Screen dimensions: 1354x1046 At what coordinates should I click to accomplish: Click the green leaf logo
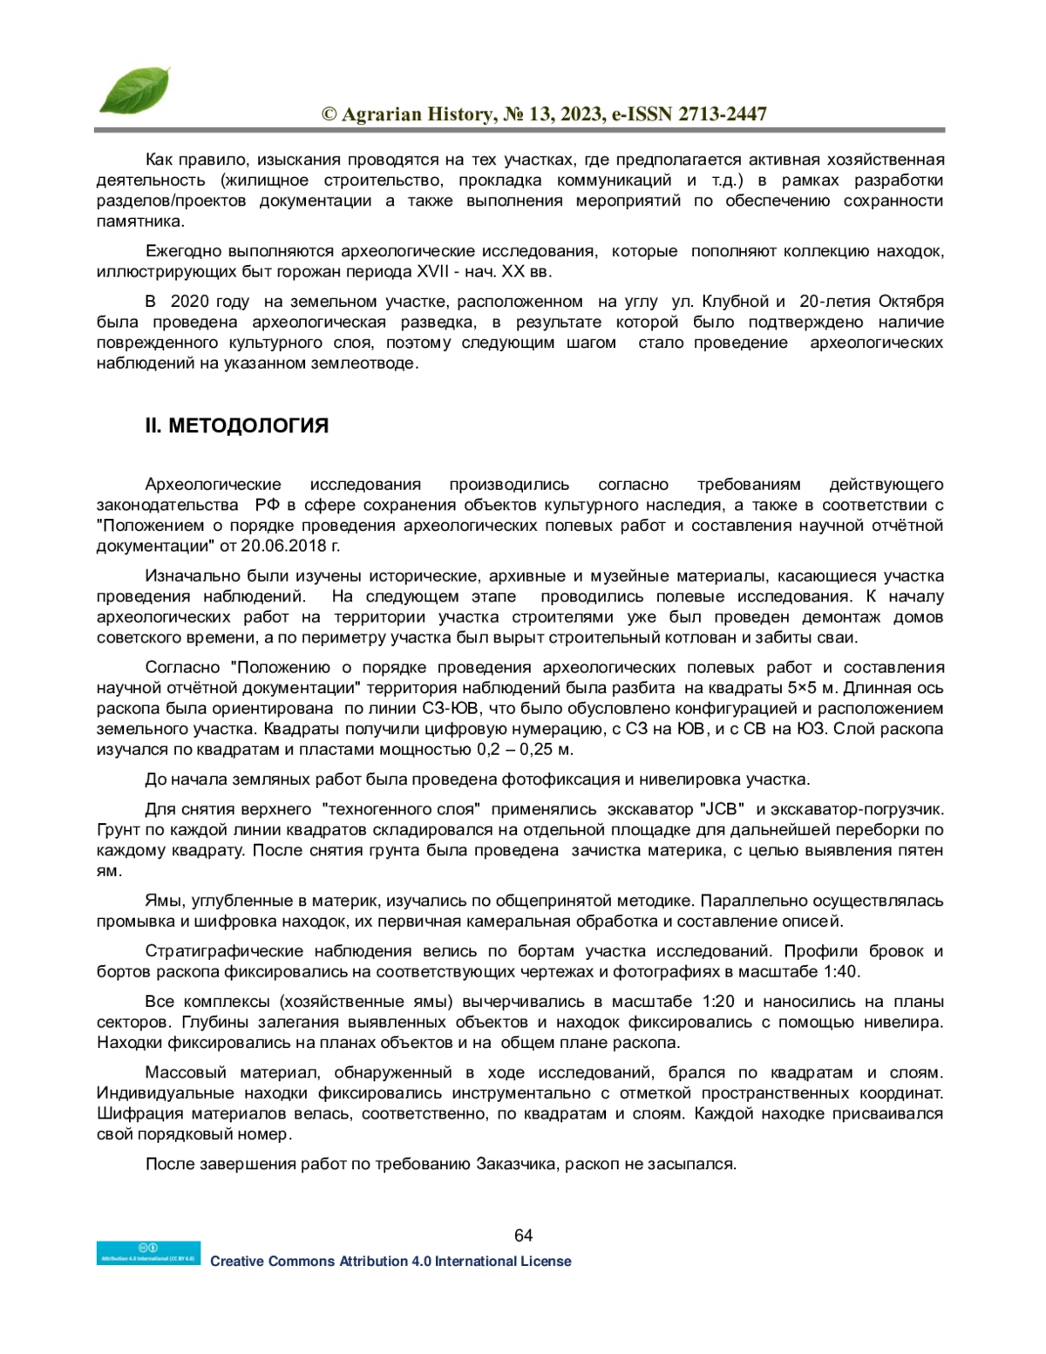pos(133,91)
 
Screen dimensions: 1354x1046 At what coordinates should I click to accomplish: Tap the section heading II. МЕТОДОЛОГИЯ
pos(237,426)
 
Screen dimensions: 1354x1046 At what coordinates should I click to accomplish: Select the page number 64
pos(523,1235)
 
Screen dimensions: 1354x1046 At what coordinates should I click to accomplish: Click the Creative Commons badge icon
pos(148,1253)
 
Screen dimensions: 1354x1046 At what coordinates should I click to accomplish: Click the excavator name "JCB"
pos(721,810)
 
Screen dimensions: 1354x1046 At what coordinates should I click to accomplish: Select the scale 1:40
pos(839,972)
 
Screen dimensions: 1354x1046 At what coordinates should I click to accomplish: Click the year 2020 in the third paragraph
pos(190,302)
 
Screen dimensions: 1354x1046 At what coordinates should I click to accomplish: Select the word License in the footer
pos(546,1262)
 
